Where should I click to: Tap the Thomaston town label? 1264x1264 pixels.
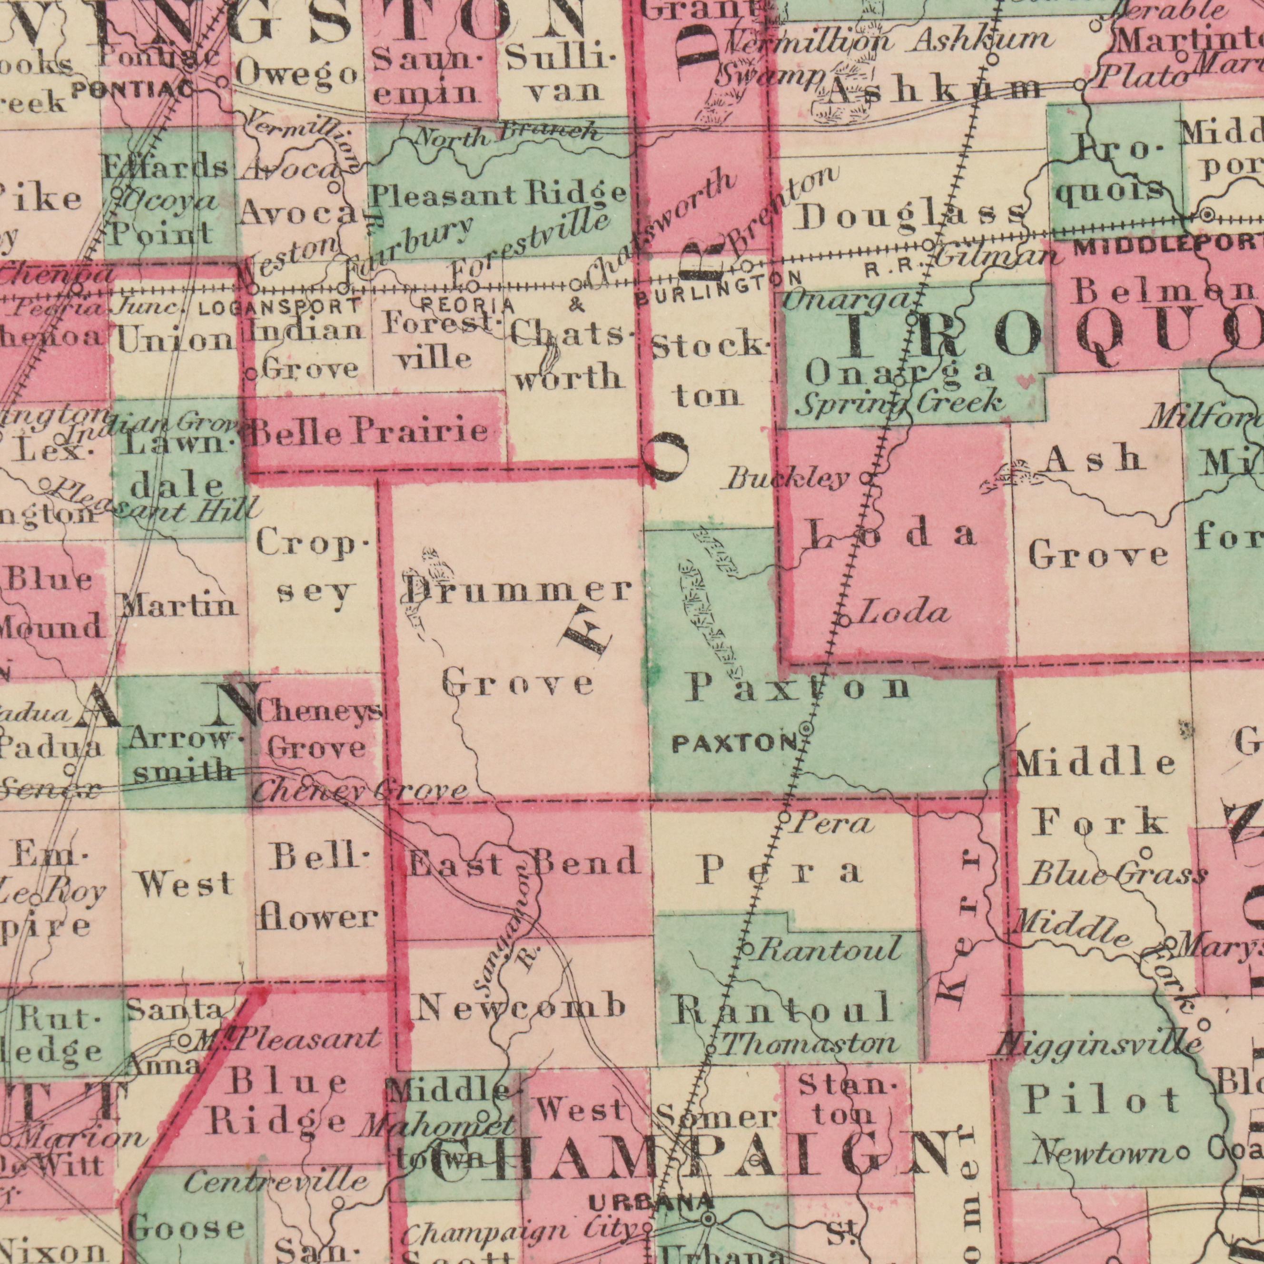(x=810, y=1045)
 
